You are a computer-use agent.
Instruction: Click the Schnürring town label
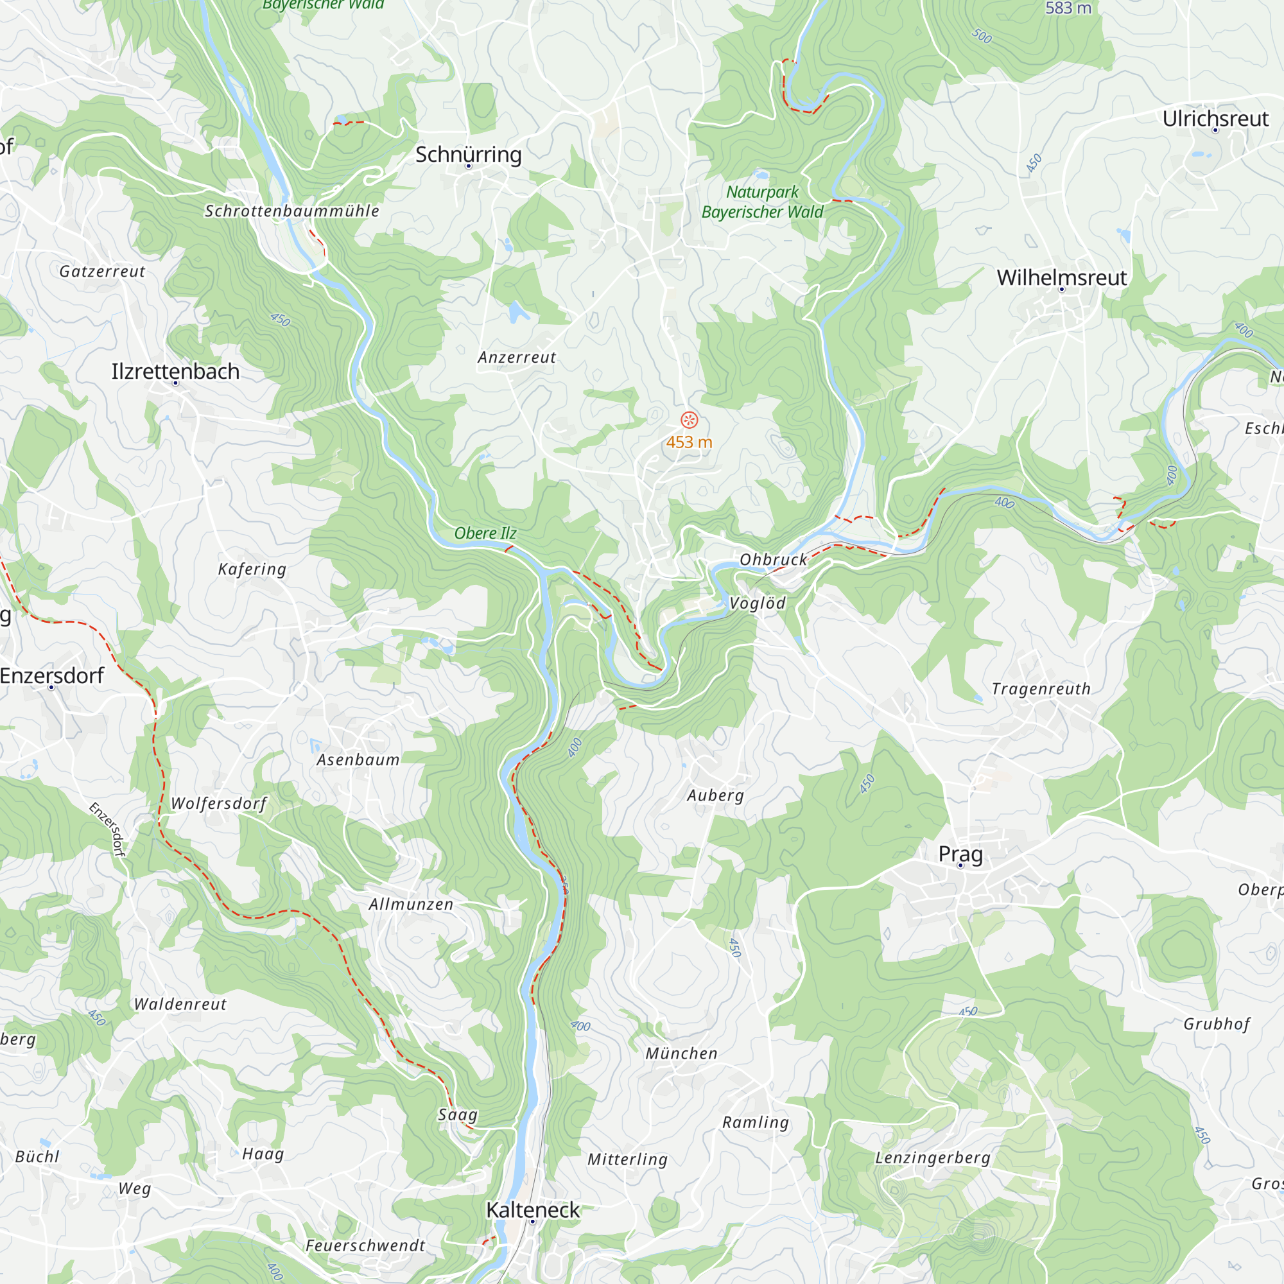(469, 154)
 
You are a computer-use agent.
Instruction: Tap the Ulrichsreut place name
(1215, 118)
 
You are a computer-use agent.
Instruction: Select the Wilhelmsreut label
(1061, 277)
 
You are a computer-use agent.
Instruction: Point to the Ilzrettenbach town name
(175, 371)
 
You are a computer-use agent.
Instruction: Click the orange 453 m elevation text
(689, 442)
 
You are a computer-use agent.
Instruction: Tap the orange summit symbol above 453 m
(689, 420)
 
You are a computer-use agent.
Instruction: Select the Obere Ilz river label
(485, 533)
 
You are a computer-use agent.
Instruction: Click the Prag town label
(960, 853)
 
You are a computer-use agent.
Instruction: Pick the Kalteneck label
(533, 1210)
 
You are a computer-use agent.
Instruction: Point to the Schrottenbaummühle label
(291, 211)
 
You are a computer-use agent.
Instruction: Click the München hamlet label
(681, 1054)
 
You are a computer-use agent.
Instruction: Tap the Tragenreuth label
(1041, 688)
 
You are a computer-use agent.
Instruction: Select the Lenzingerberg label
(932, 1157)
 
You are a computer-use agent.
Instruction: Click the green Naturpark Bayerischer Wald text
(762, 202)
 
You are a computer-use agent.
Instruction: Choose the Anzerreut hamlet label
(516, 357)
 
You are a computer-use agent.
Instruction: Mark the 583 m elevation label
(1068, 8)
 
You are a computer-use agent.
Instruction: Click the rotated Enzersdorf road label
(108, 829)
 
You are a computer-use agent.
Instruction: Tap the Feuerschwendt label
(365, 1245)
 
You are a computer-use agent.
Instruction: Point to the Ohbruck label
(774, 560)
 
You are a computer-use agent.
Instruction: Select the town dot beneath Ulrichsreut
(1215, 130)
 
